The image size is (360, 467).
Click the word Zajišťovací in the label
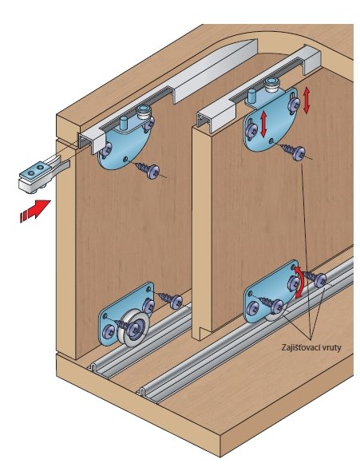(300, 347)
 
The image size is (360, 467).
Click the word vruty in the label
(331, 348)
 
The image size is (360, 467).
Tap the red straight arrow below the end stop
(35, 209)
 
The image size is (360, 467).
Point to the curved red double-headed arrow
(302, 282)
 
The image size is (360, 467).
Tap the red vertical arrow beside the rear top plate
(307, 101)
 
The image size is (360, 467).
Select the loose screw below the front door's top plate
(148, 170)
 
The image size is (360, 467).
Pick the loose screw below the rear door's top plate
(292, 152)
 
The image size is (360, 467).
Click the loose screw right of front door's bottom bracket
(171, 300)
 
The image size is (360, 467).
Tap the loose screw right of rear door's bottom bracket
(315, 278)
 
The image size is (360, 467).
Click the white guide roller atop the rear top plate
(271, 85)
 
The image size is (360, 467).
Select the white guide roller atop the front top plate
(144, 112)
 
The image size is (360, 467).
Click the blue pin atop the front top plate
(124, 123)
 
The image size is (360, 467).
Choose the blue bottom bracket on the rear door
(270, 293)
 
